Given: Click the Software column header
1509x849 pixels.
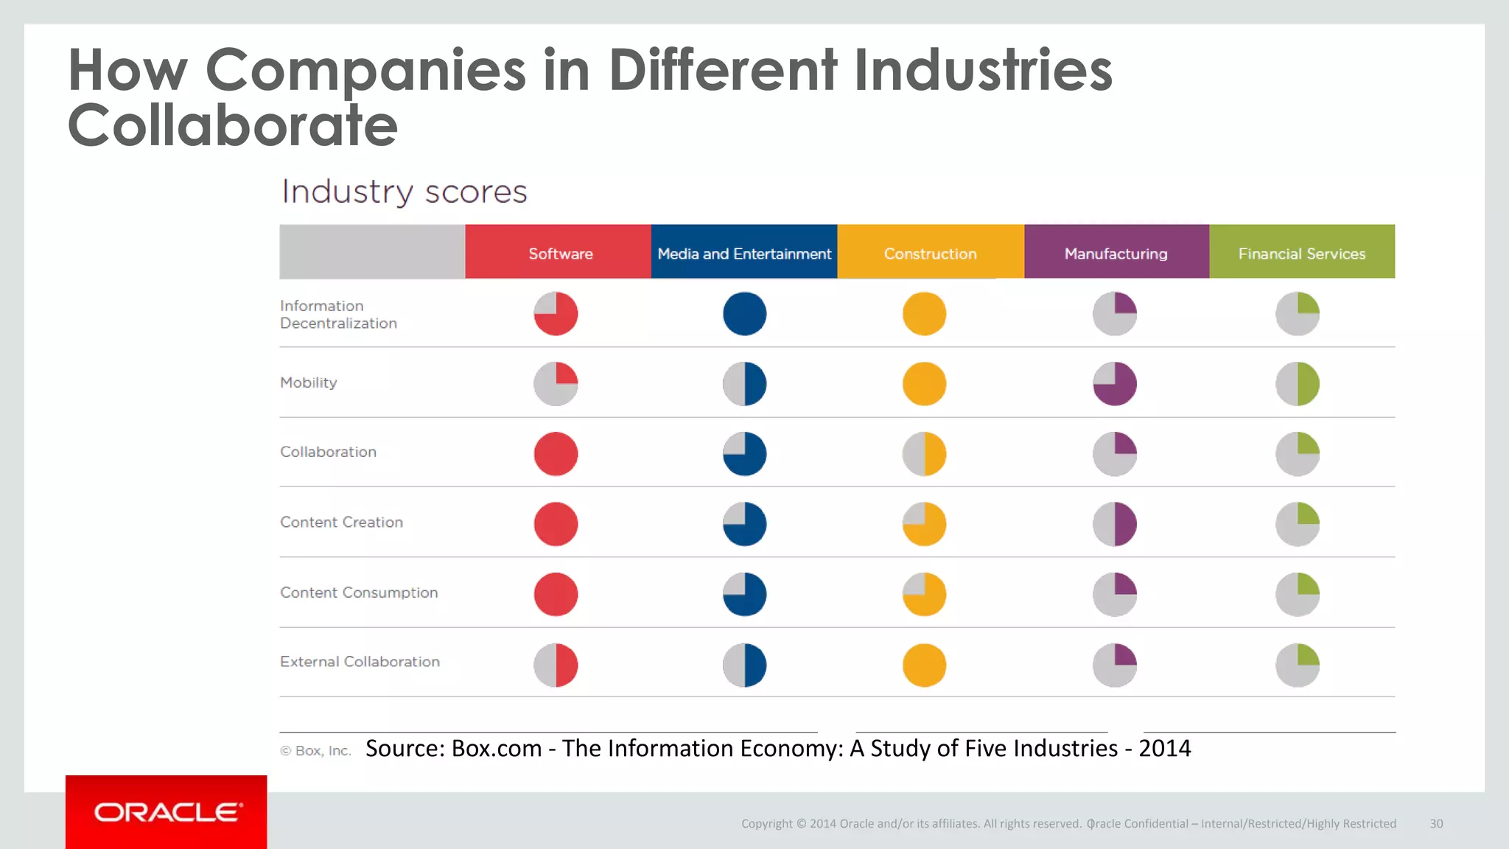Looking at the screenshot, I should point(559,254).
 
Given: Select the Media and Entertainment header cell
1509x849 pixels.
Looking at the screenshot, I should point(744,254).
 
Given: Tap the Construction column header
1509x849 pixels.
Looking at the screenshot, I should point(930,254).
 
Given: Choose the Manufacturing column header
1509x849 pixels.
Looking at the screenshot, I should point(1116,254).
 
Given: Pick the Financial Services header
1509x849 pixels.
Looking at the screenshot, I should point(1301,254).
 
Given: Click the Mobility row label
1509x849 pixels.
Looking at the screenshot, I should point(309,382).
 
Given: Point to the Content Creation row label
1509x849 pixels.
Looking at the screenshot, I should point(341,523).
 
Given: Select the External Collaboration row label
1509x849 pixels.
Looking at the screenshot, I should point(360,662).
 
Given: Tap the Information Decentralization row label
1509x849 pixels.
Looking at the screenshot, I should point(338,315).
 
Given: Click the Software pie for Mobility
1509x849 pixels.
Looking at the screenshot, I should point(556,384).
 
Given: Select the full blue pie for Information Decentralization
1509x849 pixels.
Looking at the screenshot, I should point(744,314).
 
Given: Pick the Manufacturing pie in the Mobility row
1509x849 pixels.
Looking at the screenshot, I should point(1114,384).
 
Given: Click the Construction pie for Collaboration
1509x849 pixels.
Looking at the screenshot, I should point(924,454).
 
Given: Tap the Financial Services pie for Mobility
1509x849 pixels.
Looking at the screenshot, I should point(1297,384).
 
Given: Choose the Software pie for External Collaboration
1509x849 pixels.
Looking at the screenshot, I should point(556,665).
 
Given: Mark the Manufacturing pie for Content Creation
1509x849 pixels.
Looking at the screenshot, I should point(1114,524).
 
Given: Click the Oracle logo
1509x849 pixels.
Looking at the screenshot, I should point(167,812).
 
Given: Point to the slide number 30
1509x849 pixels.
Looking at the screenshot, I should point(1436,824).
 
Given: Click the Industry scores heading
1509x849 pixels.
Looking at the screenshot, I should point(405,192).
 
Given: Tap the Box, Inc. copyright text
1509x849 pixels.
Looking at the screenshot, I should point(315,751).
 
